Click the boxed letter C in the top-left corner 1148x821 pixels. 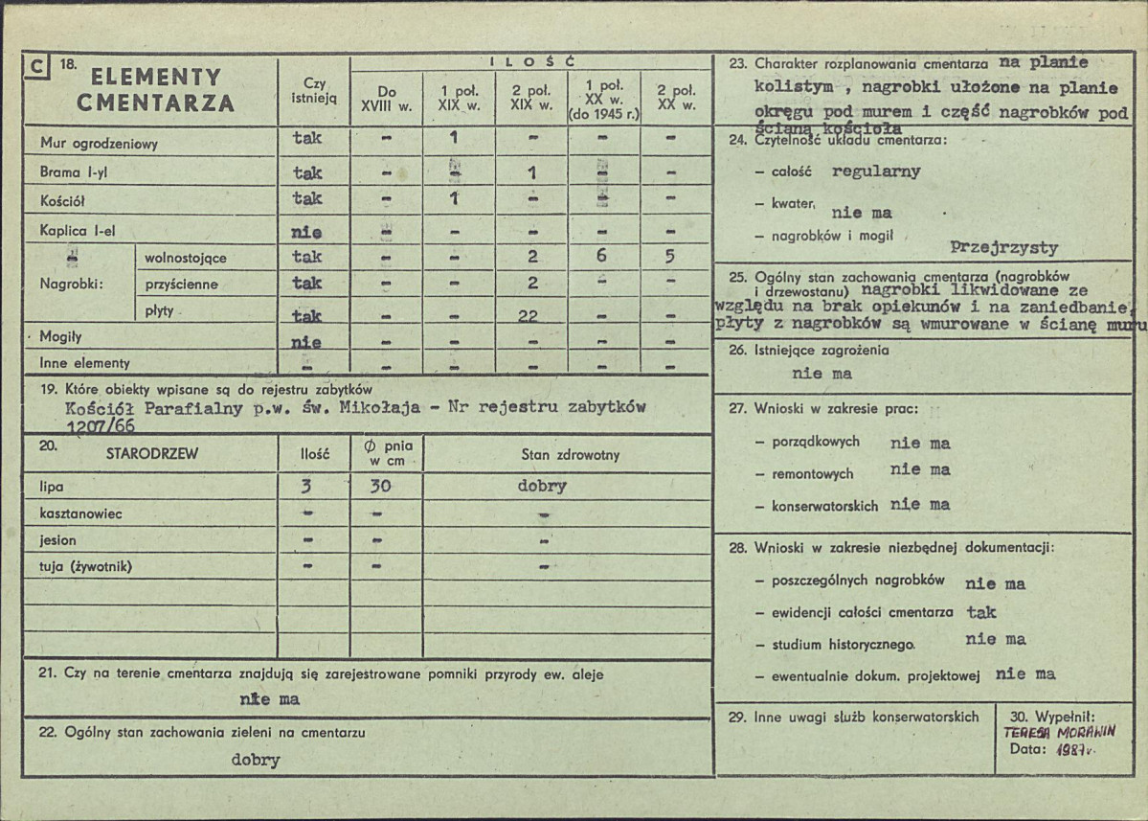(35, 67)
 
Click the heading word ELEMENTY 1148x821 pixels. (156, 78)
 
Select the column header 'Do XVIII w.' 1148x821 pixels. (387, 99)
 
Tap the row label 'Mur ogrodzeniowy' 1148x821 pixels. (99, 144)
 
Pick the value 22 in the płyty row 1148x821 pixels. (528, 317)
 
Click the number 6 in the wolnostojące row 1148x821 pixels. (600, 257)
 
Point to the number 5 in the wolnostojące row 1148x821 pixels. (670, 257)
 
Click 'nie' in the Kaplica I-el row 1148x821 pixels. (307, 232)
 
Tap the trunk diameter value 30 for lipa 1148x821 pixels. (380, 486)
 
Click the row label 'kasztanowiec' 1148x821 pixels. (81, 513)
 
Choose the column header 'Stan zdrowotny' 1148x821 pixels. (570, 453)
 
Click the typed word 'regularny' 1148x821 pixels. (876, 171)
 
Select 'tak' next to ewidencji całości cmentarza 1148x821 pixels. (981, 611)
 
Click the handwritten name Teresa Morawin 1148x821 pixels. (1060, 730)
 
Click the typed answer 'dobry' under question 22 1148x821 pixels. (256, 760)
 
